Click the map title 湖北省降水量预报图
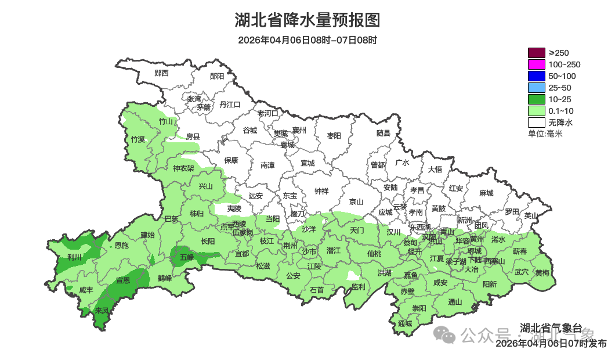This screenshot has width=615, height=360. point(307,21)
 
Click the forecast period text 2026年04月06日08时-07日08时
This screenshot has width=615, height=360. point(307,40)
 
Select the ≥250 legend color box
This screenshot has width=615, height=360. point(536,53)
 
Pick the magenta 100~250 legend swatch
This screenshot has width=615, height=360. point(536,64)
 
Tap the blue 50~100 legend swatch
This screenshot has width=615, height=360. point(536,76)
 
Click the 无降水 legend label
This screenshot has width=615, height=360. point(560,123)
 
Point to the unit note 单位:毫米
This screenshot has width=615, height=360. point(545,134)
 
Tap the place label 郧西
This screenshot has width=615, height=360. point(161,73)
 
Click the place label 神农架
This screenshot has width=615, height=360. point(183,168)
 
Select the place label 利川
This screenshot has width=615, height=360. point(75,257)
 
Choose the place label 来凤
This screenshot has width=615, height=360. point(102,311)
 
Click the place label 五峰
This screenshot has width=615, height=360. point(186,257)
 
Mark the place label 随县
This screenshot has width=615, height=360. point(384,134)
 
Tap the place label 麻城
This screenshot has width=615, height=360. point(486,193)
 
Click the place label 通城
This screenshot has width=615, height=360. point(405,323)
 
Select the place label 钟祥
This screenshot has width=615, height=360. point(321,190)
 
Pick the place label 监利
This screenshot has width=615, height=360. point(359,287)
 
